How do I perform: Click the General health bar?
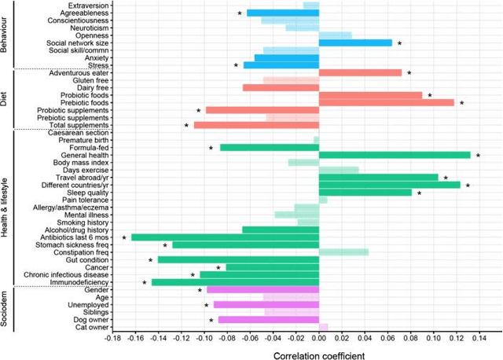coord(395,155)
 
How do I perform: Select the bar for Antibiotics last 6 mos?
coord(225,237)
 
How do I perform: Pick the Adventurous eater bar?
coord(360,72)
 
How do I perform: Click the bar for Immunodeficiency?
coord(235,282)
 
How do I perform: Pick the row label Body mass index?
coord(82,163)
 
